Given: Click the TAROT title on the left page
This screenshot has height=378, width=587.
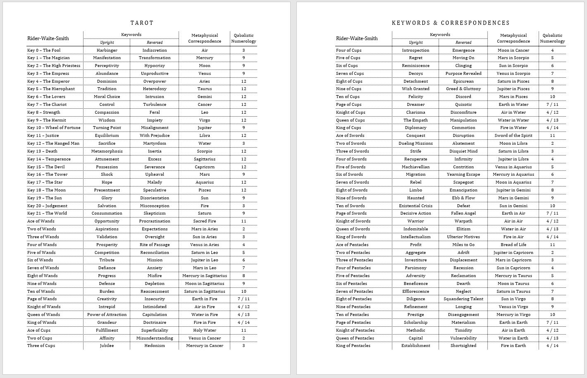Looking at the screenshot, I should point(142,23).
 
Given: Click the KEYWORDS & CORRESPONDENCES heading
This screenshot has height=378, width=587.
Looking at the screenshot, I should point(451,23).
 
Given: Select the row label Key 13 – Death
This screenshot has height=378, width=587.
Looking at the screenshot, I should point(42,151).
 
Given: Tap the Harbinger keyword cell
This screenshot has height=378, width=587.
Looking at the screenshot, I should point(107,50).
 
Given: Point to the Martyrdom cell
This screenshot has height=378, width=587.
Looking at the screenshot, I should point(155,144).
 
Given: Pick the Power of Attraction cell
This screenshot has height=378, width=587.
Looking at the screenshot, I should point(107,315).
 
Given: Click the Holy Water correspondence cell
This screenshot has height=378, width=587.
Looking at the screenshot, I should point(205,330).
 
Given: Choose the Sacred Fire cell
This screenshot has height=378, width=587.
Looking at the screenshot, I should point(205,221).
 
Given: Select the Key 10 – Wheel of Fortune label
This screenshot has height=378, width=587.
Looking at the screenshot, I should point(54,128).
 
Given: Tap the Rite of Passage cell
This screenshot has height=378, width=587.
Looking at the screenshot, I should point(155,245).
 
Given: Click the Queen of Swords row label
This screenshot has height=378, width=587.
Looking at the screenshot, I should point(353,229).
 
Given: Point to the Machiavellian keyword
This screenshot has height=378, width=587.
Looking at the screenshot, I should point(415,167).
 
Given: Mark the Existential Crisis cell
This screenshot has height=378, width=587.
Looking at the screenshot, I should point(415,206).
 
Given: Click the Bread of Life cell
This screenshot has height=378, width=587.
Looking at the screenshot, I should point(513,245).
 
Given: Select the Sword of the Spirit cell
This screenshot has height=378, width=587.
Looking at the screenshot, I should point(513,136).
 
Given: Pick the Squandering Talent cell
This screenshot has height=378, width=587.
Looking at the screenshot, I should point(463,299).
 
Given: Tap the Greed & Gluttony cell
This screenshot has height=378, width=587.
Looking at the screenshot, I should point(463,89).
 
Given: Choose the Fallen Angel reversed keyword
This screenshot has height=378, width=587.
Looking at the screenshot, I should point(463,213).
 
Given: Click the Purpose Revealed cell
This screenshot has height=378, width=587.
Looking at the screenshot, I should point(463,74).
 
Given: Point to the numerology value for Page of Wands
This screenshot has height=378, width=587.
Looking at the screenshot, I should point(243,299).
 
